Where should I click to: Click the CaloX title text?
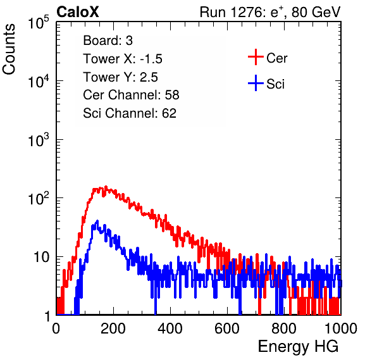point(77,12)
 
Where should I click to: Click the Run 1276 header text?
point(270,12)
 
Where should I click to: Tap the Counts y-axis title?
point(9,49)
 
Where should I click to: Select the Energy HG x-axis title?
point(298,347)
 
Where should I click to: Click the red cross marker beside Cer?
point(256,57)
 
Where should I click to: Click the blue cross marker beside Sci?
point(256,83)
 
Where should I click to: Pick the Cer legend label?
point(276,58)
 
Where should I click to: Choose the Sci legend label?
point(276,84)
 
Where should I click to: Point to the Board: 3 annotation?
point(108,41)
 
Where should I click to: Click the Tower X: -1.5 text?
point(123,59)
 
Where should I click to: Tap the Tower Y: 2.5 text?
point(120,77)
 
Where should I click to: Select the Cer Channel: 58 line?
point(131,95)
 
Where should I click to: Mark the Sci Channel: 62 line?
point(130,113)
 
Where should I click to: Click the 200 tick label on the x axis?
point(113,328)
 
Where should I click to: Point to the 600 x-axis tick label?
point(227,328)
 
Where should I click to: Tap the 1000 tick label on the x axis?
point(341,328)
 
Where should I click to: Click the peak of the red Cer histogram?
point(105,187)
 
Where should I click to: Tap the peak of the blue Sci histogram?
point(97,221)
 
